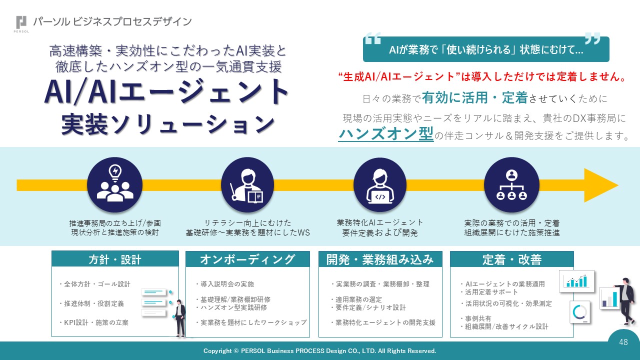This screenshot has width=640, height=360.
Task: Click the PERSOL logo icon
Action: (21, 23)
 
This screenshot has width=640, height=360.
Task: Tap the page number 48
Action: (623, 342)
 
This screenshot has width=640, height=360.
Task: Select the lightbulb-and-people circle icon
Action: (114, 184)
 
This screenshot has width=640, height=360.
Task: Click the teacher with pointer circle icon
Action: (247, 184)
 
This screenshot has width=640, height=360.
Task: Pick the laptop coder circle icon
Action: (380, 184)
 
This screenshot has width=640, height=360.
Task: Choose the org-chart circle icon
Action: (511, 184)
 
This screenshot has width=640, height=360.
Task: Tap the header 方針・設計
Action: (115, 259)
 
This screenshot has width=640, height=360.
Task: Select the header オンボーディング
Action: (247, 259)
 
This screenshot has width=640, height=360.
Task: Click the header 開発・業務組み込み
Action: (380, 259)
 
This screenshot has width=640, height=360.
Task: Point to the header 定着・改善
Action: (511, 259)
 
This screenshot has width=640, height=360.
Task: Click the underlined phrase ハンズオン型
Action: (386, 134)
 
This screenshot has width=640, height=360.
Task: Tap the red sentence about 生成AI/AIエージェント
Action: (482, 77)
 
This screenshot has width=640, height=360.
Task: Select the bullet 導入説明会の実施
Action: (224, 284)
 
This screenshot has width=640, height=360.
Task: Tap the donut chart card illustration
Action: (580, 312)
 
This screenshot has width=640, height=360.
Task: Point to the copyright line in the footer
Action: (320, 351)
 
